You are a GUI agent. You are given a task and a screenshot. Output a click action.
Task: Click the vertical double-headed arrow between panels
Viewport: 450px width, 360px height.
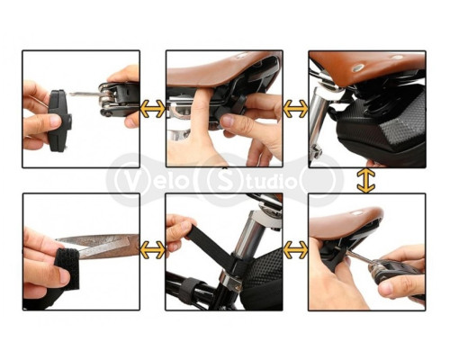(x=366, y=180)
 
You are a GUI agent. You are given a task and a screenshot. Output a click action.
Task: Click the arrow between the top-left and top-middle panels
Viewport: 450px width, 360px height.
(x=153, y=109)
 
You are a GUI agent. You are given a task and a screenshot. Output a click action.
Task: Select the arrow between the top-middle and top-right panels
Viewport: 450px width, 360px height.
(x=295, y=109)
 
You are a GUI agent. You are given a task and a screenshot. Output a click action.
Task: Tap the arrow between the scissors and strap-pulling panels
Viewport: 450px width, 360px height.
(x=153, y=250)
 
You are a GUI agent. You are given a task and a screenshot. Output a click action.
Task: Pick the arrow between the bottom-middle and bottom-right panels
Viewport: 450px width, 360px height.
(x=295, y=250)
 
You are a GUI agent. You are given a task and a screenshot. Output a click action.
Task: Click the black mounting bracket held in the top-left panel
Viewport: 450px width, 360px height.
(x=59, y=121)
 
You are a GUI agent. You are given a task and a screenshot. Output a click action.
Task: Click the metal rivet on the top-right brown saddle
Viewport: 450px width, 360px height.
(x=356, y=67)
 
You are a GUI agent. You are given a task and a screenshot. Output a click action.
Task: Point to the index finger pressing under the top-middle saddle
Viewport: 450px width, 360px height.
(x=202, y=120)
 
